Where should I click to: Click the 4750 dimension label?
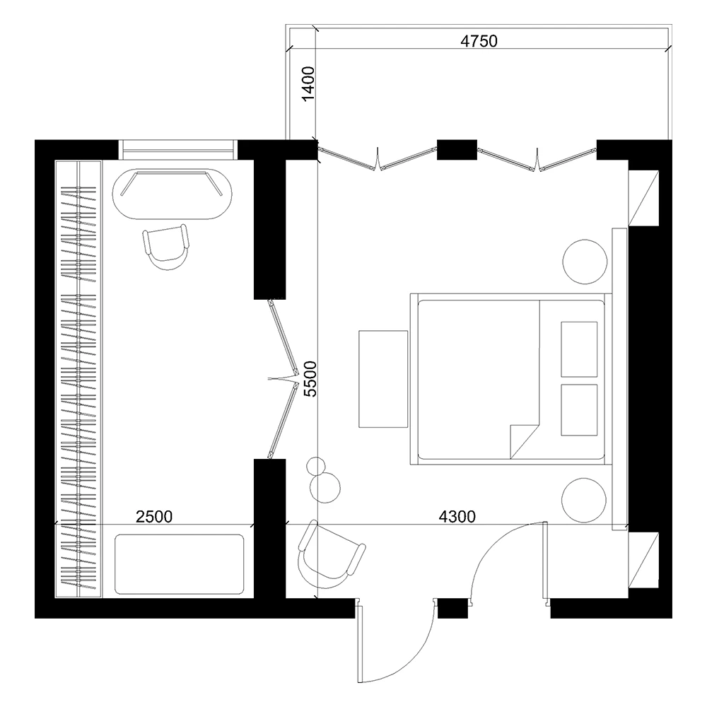pos(479,40)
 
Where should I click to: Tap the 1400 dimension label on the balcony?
pos(309,86)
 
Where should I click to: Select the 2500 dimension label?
pos(154,516)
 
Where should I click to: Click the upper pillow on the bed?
pos(580,349)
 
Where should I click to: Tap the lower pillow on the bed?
pos(580,410)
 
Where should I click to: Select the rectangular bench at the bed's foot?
pos(383,379)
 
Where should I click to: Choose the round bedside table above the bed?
pos(585,262)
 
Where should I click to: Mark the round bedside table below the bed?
pos(585,500)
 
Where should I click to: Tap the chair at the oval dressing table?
pos(168,248)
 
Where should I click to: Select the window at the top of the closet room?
pos(177,150)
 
